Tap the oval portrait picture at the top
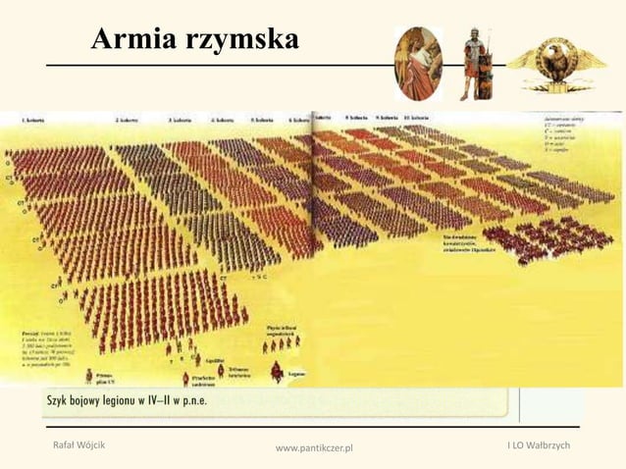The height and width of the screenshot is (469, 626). [x=418, y=63]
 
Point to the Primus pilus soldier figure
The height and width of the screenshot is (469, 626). [x=90, y=375]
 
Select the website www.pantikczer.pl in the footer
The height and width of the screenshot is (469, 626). [x=313, y=449]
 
